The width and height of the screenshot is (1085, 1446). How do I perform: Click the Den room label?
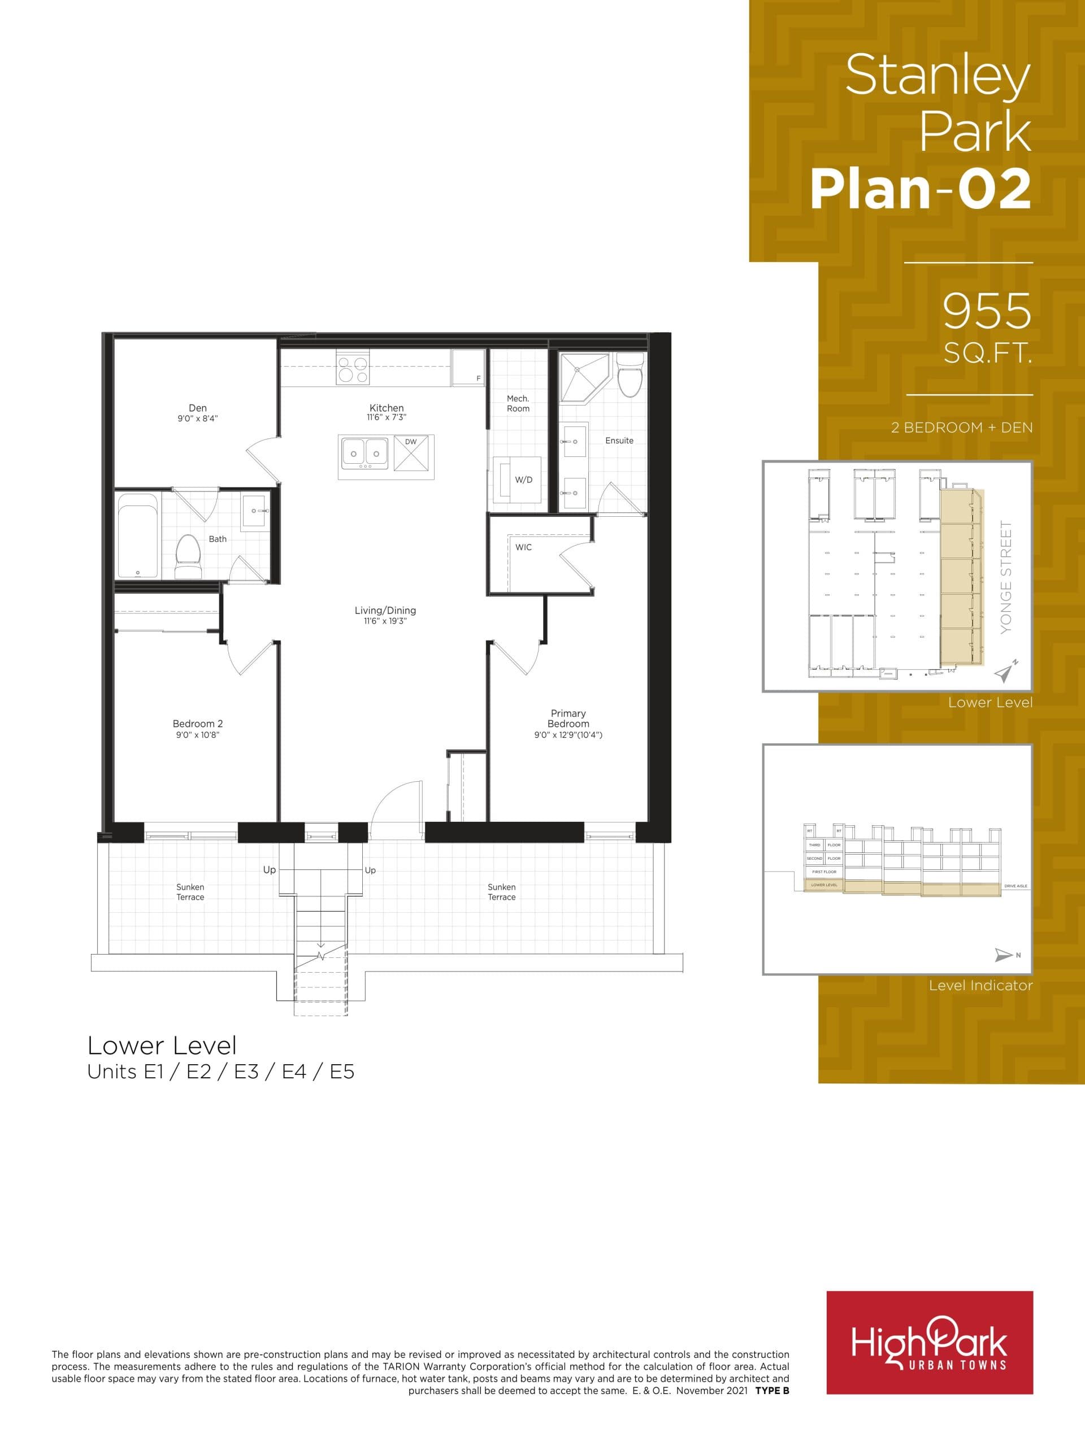[x=198, y=408]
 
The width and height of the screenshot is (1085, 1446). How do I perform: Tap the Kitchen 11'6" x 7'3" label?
[x=387, y=412]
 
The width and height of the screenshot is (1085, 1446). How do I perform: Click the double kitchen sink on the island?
[x=364, y=453]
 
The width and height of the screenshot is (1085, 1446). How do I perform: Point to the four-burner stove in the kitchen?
[x=353, y=367]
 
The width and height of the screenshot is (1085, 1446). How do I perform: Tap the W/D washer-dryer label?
[x=523, y=480]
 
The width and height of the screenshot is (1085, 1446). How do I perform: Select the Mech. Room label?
[x=518, y=403]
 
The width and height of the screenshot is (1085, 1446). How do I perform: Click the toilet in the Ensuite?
[x=631, y=377]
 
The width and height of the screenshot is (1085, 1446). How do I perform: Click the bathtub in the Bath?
[x=138, y=536]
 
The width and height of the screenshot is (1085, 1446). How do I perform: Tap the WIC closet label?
[x=523, y=547]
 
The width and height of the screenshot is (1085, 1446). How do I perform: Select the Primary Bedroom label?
[x=568, y=718]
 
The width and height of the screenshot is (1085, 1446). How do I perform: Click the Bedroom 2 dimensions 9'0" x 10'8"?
[x=198, y=735]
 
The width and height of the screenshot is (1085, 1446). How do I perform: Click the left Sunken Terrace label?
[x=190, y=892]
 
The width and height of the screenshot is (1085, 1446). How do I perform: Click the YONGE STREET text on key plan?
[x=1006, y=577]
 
